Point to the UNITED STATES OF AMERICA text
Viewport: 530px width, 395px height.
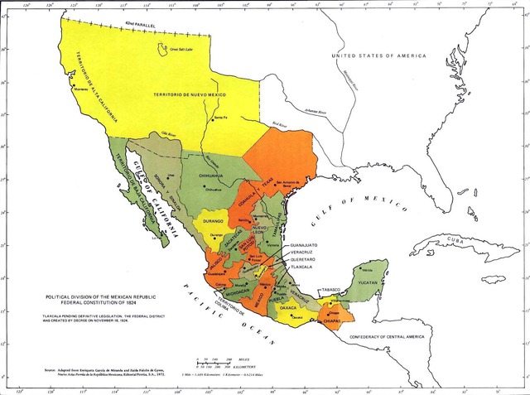click(x=378, y=55)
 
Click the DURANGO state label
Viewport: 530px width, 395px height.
click(x=213, y=223)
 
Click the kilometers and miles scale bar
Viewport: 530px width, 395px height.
click(x=219, y=363)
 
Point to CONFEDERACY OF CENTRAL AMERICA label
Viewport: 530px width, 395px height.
click(x=397, y=337)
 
